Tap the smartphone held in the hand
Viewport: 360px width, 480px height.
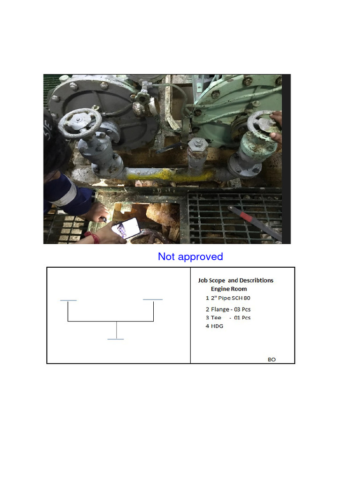pyautogui.click(x=125, y=228)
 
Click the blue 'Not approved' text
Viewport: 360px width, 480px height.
pyautogui.click(x=190, y=256)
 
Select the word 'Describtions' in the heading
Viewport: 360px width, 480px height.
pyautogui.click(x=256, y=280)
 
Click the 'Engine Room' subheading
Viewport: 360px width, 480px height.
pyautogui.click(x=229, y=289)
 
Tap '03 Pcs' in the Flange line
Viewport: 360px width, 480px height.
pyautogui.click(x=240, y=309)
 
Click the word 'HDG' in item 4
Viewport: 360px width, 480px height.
pyautogui.click(x=217, y=326)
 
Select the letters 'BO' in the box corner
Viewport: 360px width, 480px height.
pyautogui.click(x=272, y=360)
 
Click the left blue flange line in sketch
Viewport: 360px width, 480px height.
pyautogui.click(x=68, y=300)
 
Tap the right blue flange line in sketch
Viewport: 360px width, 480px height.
pyautogui.click(x=153, y=299)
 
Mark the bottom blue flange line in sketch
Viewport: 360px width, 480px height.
pyautogui.click(x=116, y=339)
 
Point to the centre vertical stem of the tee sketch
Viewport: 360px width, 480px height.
pyautogui.click(x=116, y=330)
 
